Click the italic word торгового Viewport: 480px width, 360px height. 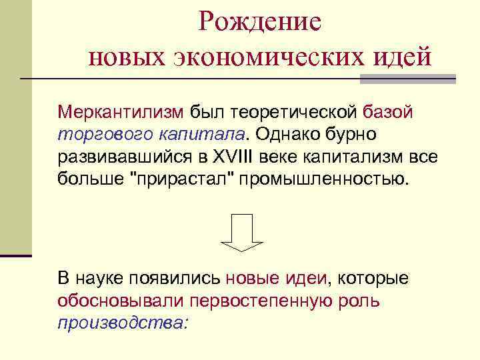pyautogui.click(x=105, y=134)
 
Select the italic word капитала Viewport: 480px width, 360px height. pyautogui.click(x=202, y=134)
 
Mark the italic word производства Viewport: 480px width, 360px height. pyautogui.click(x=123, y=323)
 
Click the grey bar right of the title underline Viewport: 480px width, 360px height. pyautogui.click(x=408, y=79)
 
